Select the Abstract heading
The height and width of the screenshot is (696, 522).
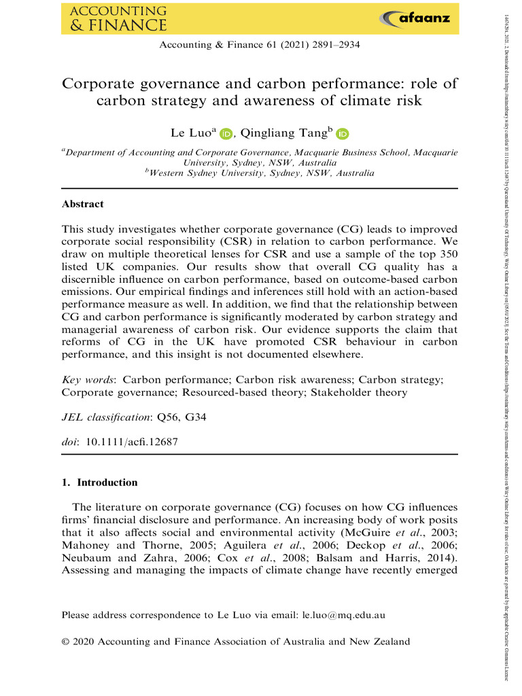point(82,203)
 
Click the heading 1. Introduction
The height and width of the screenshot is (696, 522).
point(99,483)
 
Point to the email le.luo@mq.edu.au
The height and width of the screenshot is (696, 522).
point(343,616)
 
